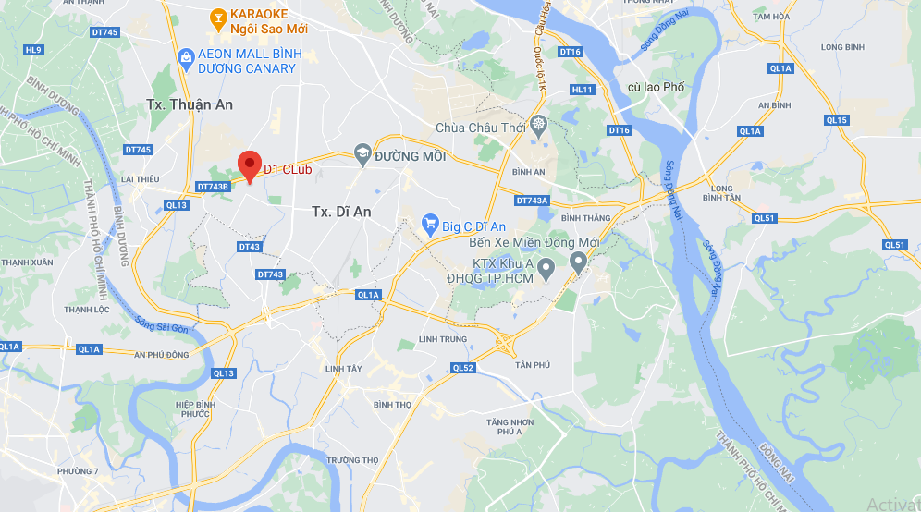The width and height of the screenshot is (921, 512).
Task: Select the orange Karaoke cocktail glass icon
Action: pos(217,16)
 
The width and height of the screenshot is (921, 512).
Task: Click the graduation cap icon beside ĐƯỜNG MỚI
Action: pos(363,155)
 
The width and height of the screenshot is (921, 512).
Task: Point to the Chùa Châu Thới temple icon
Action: pos(538,126)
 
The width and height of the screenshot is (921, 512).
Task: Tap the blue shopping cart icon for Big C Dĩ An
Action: pos(429,223)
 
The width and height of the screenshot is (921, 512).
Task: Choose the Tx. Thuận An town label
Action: pos(190,104)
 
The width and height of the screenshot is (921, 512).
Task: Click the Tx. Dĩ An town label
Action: pos(341,212)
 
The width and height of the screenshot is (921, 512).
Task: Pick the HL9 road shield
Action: pos(34,49)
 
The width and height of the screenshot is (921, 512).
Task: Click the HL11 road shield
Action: pos(582,90)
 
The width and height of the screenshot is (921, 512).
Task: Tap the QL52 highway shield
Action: pos(463,368)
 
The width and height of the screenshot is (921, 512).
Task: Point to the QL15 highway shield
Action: pos(836,120)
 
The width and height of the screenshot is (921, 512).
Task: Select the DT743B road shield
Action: pos(213,187)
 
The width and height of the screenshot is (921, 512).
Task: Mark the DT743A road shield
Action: pos(532,201)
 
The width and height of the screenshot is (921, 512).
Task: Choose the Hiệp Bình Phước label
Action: pos(195,409)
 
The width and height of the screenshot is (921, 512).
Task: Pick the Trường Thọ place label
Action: pos(352,460)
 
